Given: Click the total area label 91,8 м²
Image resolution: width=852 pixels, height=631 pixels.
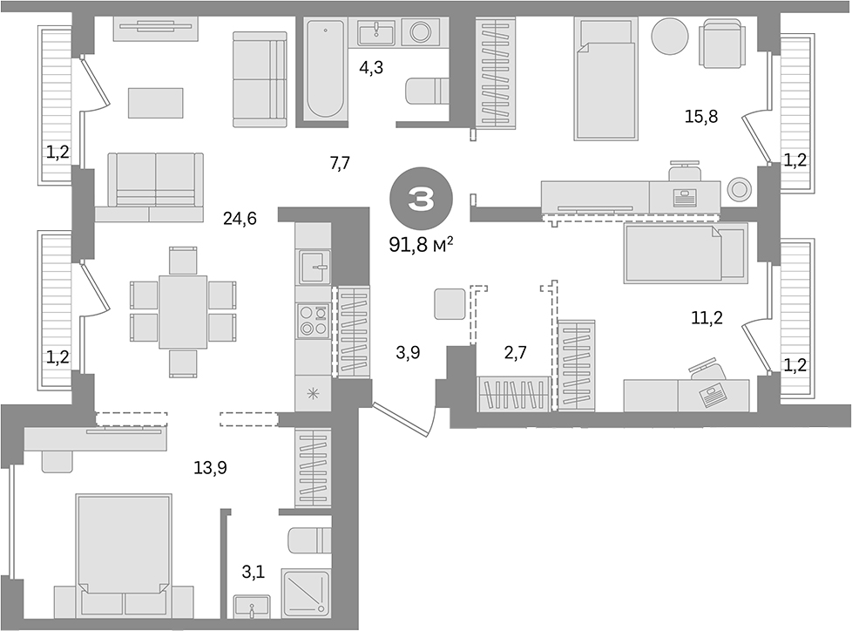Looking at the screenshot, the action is (421, 245).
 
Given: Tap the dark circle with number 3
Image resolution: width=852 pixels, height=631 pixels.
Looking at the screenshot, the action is (421, 200).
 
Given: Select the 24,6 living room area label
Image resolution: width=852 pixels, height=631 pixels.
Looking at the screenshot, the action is (240, 219).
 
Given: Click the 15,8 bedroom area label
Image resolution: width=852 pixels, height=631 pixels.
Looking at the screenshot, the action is (701, 116).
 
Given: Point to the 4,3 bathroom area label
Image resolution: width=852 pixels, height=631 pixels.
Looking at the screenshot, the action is (371, 67).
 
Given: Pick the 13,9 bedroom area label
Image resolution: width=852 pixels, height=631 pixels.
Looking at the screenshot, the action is (210, 467).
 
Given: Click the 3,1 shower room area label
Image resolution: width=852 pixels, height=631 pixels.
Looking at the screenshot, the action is (254, 572).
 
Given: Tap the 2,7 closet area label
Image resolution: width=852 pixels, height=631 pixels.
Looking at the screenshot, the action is (515, 352).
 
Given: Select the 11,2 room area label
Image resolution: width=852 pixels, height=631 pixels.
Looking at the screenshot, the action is (707, 318).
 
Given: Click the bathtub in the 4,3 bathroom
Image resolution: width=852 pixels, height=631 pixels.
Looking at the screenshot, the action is (324, 68).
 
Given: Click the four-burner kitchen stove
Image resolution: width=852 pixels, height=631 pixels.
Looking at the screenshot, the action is (314, 320).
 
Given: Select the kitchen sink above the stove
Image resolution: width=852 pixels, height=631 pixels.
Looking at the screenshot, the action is (314, 267).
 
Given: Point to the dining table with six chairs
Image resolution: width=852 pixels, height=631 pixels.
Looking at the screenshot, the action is (183, 312).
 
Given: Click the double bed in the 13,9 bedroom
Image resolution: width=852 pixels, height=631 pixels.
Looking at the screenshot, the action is (124, 554).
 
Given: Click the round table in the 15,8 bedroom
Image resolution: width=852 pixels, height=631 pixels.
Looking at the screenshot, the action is (670, 36).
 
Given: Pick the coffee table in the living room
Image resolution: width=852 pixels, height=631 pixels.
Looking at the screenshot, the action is (155, 103).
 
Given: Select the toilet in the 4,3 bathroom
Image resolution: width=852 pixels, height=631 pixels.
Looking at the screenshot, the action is (427, 91).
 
